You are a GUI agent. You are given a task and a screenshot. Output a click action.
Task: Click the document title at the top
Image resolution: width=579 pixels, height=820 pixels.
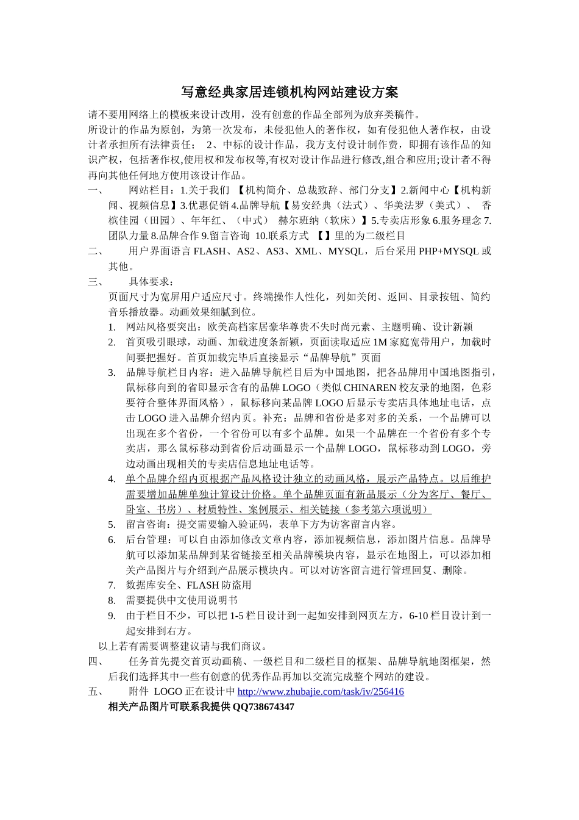(289, 92)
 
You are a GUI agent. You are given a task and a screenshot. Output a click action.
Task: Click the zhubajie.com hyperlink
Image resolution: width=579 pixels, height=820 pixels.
(320, 692)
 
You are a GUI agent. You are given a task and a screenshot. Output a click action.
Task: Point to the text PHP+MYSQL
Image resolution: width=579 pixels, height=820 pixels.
(449, 251)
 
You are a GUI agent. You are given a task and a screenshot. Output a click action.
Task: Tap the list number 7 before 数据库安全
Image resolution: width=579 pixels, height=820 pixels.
(112, 585)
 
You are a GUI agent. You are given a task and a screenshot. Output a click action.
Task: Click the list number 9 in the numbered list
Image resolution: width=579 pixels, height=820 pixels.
(112, 616)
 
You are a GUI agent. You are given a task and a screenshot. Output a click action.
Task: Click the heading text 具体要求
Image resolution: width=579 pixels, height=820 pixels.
(151, 282)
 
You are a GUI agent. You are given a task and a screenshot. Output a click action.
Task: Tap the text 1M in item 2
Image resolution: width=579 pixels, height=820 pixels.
(380, 342)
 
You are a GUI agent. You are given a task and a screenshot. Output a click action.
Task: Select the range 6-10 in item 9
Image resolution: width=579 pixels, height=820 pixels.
(421, 616)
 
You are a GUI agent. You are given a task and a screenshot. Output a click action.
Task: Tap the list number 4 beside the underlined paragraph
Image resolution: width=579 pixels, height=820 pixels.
(112, 479)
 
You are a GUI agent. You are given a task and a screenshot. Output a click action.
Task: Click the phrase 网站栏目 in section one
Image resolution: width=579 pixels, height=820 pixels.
(149, 190)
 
